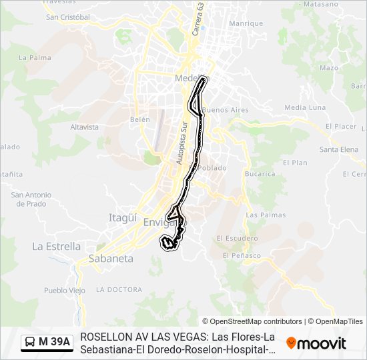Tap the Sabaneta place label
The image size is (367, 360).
pyautogui.click(x=111, y=259)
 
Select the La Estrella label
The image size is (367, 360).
pyautogui.click(x=56, y=246)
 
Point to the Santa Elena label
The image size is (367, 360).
pyautogui.click(x=339, y=149)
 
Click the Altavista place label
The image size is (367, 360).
pyautogui.click(x=84, y=127)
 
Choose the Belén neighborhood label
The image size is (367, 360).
pyautogui.click(x=140, y=119)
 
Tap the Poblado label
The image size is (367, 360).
pyautogui.click(x=212, y=168)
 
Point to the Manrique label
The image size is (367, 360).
pyautogui.click(x=246, y=23)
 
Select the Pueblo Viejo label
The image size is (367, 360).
pyautogui.click(x=65, y=290)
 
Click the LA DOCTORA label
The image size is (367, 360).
pyautogui.click(x=119, y=289)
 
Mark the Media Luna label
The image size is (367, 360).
pyautogui.click(x=305, y=107)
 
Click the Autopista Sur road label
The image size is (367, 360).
pyautogui.click(x=180, y=142)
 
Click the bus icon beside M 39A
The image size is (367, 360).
pyautogui.click(x=30, y=343)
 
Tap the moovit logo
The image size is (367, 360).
pyautogui.click(x=316, y=343)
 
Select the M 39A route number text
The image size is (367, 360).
pyautogui.click(x=54, y=343)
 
